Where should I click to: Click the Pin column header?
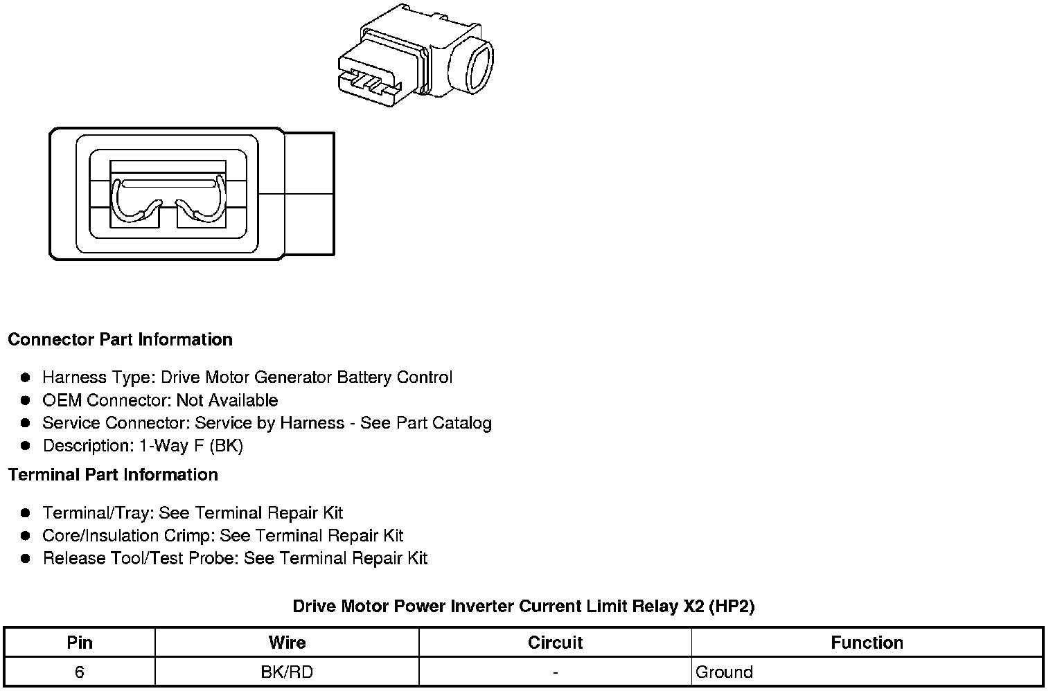80,643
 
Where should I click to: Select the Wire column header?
287,643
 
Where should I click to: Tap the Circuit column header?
555,643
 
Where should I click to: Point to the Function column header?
867,643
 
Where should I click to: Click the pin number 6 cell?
80,672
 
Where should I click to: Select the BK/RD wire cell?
287,672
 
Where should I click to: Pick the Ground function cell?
724,672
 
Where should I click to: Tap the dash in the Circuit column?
555,672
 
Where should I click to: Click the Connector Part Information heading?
120,340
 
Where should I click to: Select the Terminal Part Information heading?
113,475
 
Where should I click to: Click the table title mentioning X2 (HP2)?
524,607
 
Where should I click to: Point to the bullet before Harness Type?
26,378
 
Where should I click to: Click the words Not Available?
227,401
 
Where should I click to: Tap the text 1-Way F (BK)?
191,446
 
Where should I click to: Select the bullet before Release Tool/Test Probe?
26,559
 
